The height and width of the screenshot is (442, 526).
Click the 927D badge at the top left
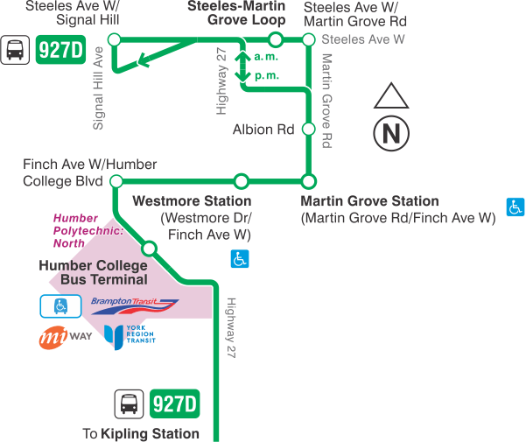pyautogui.click(x=61, y=51)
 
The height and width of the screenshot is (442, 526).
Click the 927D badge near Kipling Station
pyautogui.click(x=175, y=403)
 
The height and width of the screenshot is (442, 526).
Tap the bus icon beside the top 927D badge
pyautogui.click(x=16, y=51)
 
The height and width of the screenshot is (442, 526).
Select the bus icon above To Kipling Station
pyautogui.click(x=129, y=404)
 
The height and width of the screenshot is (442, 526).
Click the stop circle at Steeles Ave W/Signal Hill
pyautogui.click(x=113, y=39)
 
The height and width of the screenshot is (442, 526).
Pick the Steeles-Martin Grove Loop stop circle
pyautogui.click(x=276, y=39)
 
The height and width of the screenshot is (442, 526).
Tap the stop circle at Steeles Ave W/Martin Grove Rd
pyautogui.click(x=308, y=39)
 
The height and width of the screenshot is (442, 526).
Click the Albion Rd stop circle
pyautogui.click(x=308, y=129)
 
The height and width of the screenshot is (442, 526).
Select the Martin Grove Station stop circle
pyautogui.click(x=308, y=181)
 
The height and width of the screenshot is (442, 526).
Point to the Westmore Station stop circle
pyautogui.click(x=242, y=181)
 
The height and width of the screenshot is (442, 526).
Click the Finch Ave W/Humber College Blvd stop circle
pyautogui.click(x=113, y=181)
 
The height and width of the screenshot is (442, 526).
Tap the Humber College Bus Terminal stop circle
pyautogui.click(x=149, y=249)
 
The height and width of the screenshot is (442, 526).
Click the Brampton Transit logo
pyautogui.click(x=135, y=305)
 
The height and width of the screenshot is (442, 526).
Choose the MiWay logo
pyautogui.click(x=66, y=337)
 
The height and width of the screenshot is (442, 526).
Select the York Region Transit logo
pyautogui.click(x=129, y=335)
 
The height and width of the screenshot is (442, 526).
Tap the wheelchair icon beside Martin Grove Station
pyautogui.click(x=516, y=207)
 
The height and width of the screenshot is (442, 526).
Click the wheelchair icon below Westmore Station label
pyautogui.click(x=239, y=258)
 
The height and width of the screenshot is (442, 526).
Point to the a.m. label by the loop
pyautogui.click(x=265, y=57)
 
